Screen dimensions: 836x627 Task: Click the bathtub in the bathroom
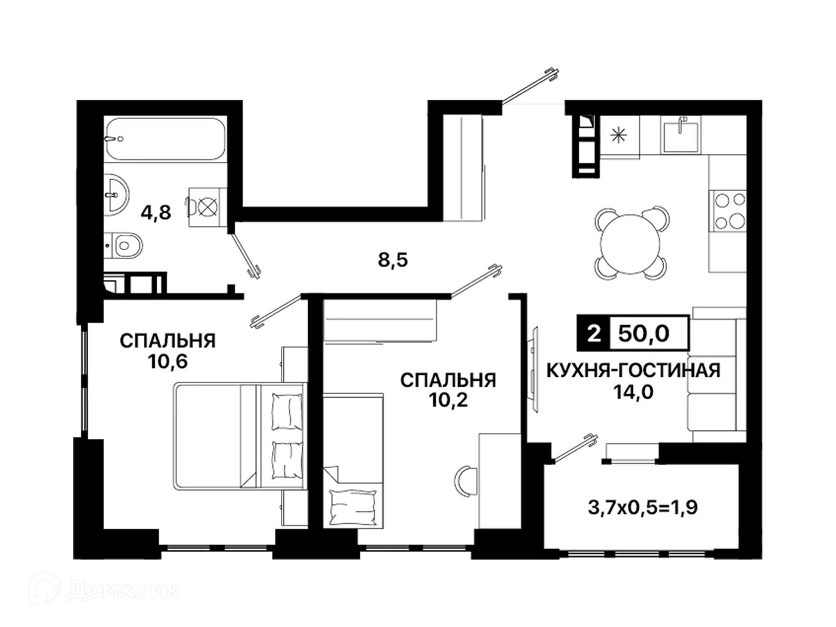pos(165,139)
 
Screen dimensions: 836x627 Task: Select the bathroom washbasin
pos(116,194)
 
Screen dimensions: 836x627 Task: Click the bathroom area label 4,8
pos(156,213)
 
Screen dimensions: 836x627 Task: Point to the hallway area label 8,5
pos(392,260)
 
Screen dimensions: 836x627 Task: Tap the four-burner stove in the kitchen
pos(727,211)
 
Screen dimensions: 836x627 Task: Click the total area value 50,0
pos(644,333)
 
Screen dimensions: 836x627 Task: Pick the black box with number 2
pos(593,333)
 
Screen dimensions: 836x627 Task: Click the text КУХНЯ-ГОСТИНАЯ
pos(633,370)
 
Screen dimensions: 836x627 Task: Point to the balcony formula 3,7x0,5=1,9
pos(643,507)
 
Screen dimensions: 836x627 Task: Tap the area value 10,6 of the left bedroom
pos(168,361)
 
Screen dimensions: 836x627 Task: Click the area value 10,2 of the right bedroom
pos(448,400)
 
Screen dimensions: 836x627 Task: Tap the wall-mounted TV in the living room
pos(535,369)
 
